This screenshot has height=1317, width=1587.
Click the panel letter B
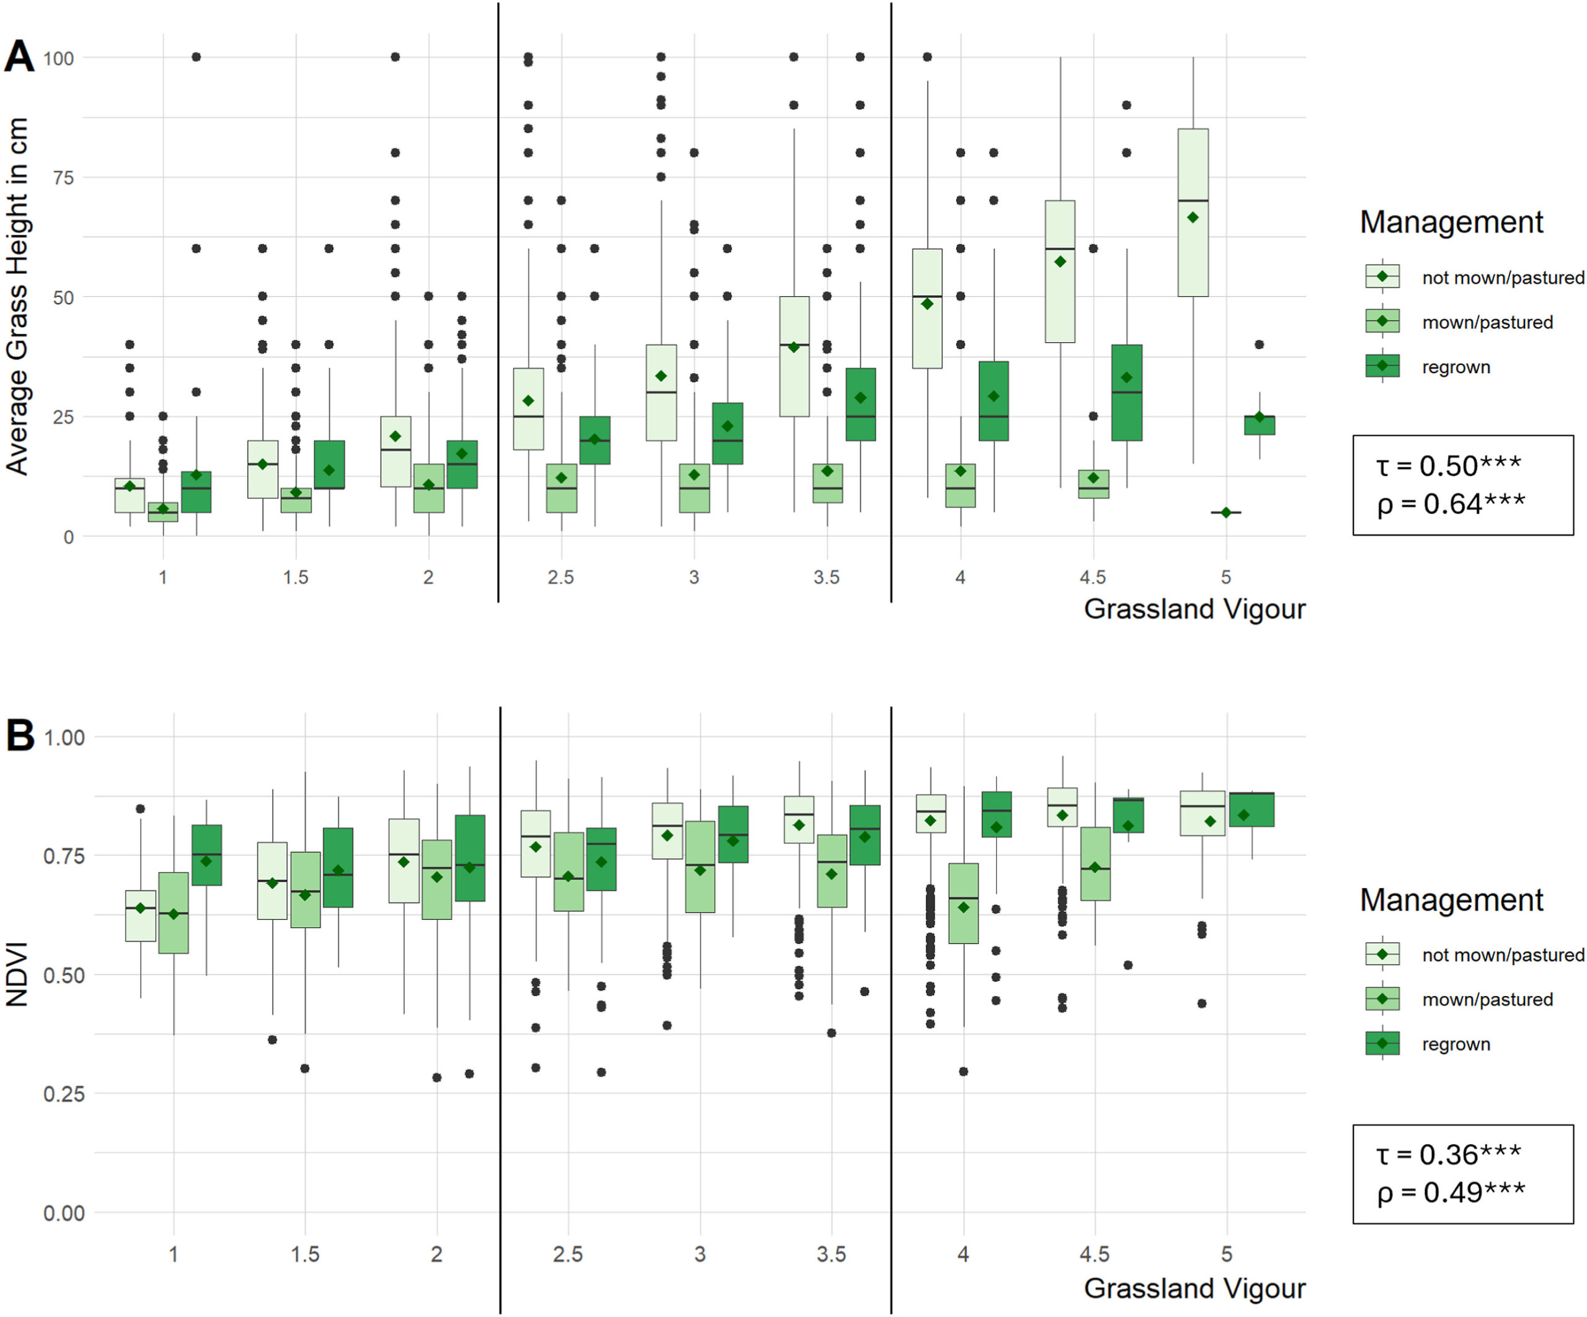(20, 734)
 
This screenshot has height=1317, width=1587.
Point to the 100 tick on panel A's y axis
(58, 58)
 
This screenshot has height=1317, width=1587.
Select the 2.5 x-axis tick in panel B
(568, 1254)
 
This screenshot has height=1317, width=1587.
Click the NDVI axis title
(17, 974)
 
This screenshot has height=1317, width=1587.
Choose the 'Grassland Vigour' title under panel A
(1194, 609)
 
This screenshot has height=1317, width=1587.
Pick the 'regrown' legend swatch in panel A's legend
(1382, 366)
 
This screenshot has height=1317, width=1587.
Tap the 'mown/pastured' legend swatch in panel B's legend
(1382, 999)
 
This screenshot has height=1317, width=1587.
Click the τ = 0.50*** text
(1447, 465)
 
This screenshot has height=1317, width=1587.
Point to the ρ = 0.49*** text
(1450, 1192)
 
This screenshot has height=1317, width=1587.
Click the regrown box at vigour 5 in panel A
(1259, 425)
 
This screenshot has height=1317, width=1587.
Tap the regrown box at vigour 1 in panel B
(206, 855)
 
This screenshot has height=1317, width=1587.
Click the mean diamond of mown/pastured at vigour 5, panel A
(1226, 513)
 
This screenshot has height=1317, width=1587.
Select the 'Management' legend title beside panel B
(1451, 900)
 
